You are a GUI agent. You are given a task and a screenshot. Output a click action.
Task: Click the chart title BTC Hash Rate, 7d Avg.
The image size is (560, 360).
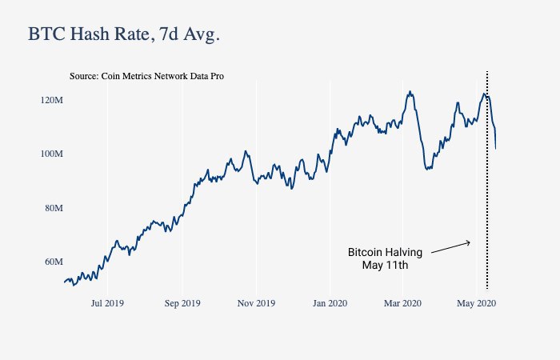[123, 34]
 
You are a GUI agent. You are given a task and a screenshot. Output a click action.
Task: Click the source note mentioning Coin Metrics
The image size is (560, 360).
[146, 76]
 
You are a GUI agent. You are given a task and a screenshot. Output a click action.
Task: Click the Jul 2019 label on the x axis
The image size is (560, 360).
[107, 303]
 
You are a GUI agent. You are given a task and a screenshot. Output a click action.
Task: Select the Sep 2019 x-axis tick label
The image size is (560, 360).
[182, 303]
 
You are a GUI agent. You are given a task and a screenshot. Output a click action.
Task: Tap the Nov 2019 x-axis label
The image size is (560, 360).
[256, 303]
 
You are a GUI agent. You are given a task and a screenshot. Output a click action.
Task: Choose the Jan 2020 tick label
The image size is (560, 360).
[330, 303]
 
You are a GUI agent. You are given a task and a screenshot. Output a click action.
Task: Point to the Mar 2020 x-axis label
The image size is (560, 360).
[402, 303]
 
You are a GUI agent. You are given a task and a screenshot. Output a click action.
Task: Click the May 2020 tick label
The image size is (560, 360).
[476, 303]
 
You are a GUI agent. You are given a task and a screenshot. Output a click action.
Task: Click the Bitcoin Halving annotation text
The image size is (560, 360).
[385, 252]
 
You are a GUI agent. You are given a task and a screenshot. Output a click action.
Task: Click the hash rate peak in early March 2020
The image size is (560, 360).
[410, 91]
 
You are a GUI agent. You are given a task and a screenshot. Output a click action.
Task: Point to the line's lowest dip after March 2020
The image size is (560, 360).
[428, 170]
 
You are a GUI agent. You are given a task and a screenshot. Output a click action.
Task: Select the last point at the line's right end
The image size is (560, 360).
[496, 148]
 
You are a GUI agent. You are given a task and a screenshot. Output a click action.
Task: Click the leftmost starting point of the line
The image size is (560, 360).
[64, 282]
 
